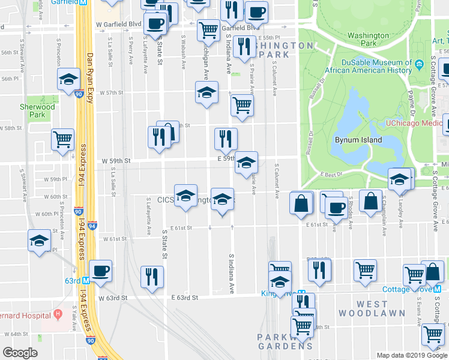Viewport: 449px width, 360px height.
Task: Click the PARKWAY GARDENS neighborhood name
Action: (x=285, y=341)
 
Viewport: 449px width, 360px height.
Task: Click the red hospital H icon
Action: (x=58, y=313)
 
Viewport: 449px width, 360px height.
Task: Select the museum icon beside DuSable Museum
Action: (x=418, y=63)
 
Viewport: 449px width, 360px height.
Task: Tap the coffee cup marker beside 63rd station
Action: (x=100, y=270)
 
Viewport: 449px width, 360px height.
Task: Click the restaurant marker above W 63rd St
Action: (x=152, y=276)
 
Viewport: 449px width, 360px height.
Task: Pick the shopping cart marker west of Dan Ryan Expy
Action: (x=62, y=139)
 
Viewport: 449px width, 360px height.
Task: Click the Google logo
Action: (x=20, y=353)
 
